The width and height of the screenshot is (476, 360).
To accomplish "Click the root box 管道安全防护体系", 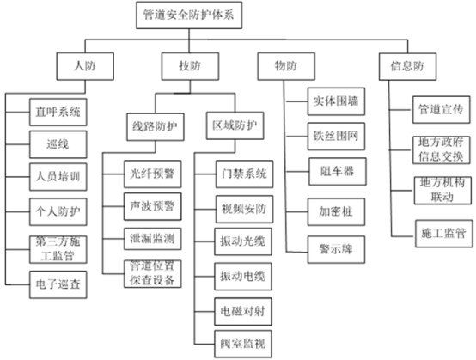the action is click(x=189, y=15).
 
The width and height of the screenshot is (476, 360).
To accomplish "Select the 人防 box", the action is click(x=85, y=66).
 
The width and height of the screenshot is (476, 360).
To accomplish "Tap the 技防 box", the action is click(x=190, y=66).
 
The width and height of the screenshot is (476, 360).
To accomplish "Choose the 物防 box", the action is click(x=286, y=66).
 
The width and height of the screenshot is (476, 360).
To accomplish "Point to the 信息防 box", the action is click(x=407, y=66).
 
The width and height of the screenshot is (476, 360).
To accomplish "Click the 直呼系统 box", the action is click(x=58, y=112).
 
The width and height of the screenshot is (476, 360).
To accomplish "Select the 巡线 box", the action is click(x=58, y=144).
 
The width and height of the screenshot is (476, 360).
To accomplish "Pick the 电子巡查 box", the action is click(x=58, y=284).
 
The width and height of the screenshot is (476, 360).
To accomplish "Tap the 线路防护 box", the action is click(x=156, y=127).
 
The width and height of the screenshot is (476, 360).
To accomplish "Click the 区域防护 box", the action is click(x=235, y=125).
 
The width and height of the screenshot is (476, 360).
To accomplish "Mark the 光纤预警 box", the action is click(x=153, y=174).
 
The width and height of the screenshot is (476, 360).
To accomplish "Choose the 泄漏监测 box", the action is click(x=153, y=239).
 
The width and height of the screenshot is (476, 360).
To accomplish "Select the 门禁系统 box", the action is click(x=244, y=174).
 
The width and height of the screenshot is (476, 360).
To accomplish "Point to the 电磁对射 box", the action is click(x=243, y=311).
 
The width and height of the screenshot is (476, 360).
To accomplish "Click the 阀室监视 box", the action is click(x=243, y=344).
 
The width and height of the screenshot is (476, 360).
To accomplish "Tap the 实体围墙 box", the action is click(x=336, y=101).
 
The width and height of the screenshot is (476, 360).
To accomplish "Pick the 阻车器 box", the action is click(x=338, y=172).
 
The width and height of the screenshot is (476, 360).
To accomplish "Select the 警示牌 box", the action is click(x=336, y=249).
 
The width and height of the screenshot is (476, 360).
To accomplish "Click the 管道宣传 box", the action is click(x=441, y=110).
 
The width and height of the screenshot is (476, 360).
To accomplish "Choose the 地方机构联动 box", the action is click(x=442, y=191).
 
